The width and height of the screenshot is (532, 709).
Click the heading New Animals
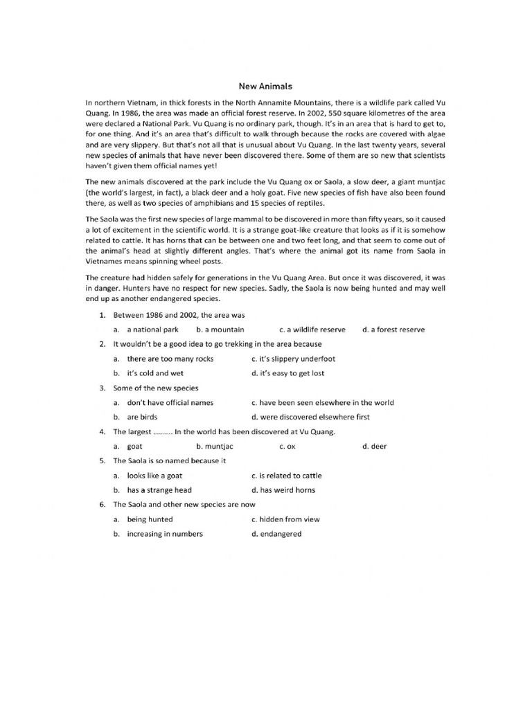coord(266,87)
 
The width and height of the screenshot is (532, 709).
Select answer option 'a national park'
coord(152,330)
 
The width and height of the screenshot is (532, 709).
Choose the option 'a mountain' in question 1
coord(220,330)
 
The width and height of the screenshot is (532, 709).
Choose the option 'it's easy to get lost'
coord(287,373)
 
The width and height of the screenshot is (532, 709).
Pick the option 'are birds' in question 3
coord(142,417)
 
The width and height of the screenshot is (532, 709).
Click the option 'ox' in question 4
coord(291,447)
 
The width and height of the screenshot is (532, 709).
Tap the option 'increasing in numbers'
coord(164,534)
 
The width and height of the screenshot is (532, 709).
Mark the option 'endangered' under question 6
coord(281,534)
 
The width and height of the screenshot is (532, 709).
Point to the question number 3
coord(102,388)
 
